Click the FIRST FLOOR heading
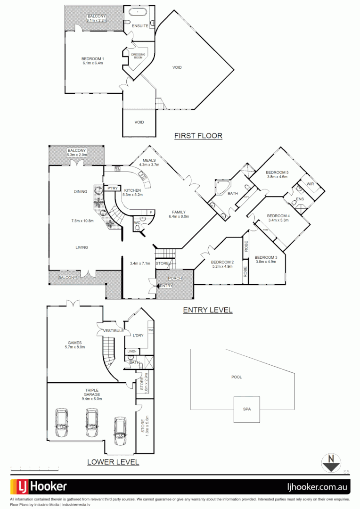point(198,136)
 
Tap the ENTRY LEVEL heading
point(207,310)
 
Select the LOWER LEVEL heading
point(113,462)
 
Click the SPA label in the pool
point(247,409)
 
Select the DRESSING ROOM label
point(138,56)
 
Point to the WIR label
point(310,184)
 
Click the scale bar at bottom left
point(34,468)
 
